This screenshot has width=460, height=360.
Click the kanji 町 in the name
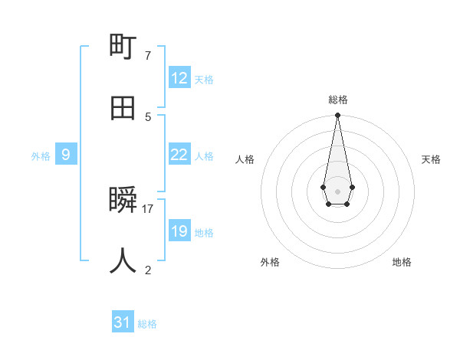tap(123, 48)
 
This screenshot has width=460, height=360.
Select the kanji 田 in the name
tap(123, 108)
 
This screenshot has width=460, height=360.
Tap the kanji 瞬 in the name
tap(123, 201)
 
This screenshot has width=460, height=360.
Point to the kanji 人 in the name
tap(123, 261)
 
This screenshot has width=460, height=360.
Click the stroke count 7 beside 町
tap(147, 56)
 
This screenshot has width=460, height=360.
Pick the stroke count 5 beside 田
tap(147, 116)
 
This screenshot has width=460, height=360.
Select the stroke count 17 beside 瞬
tap(148, 208)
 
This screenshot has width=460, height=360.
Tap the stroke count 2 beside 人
tap(147, 270)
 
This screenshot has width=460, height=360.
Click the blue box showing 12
tap(179, 78)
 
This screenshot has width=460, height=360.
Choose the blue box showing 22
tap(179, 155)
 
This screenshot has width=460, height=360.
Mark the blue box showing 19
tap(179, 231)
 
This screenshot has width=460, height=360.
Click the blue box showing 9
tap(66, 155)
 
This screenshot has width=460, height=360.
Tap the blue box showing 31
tap(123, 322)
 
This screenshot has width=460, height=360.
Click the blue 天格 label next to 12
tap(203, 80)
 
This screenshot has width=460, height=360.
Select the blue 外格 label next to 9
tap(41, 156)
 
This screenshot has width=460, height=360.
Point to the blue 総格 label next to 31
tap(147, 324)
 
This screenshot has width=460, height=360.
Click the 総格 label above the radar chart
tap(338, 100)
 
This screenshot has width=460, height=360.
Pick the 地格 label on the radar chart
tap(402, 262)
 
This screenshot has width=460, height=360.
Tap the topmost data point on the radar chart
tap(337, 115)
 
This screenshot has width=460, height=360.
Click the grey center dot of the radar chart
tap(337, 190)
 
